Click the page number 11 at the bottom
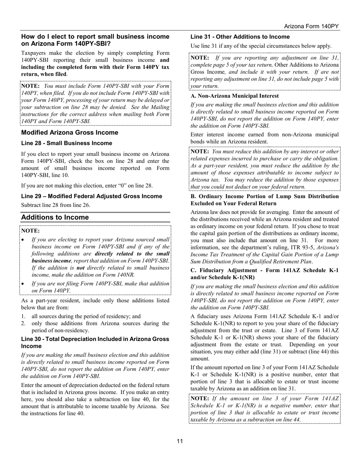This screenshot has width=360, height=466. click(x=180, y=441)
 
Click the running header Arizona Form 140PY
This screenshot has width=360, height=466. click(x=311, y=26)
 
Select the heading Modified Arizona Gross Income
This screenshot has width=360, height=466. click(x=70, y=133)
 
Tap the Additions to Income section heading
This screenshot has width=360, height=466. click(x=55, y=217)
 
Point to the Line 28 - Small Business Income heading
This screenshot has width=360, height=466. click(x=67, y=143)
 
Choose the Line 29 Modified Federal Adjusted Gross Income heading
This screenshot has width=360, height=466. click(x=92, y=196)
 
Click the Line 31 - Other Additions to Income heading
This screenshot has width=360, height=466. click(x=240, y=37)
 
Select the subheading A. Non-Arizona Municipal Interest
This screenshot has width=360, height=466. click(x=235, y=96)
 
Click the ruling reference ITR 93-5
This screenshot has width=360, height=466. click(x=302, y=247)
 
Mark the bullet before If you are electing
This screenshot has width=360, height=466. click(x=23, y=240)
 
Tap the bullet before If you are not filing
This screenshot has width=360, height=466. click(x=23, y=284)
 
